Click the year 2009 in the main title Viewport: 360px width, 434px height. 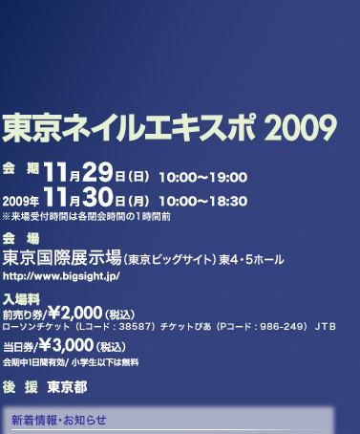301,127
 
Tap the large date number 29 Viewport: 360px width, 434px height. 97,172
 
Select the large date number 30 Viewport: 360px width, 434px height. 97,196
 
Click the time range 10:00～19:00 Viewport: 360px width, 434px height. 203,177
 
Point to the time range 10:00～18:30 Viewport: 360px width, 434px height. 203,202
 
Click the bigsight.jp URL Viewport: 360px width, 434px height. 61,276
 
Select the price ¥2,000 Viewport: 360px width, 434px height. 75,313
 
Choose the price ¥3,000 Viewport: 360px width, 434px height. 66,345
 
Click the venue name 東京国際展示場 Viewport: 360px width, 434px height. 62,257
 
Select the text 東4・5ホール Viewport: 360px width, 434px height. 251,260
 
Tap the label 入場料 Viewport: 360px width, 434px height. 21,299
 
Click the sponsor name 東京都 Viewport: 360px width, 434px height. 67,387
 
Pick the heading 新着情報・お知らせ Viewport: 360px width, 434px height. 59,420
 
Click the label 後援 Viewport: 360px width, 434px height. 20,387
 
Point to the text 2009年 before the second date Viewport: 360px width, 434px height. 21,202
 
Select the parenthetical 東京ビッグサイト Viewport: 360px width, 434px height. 169,260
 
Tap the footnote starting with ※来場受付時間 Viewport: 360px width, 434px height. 87,217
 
